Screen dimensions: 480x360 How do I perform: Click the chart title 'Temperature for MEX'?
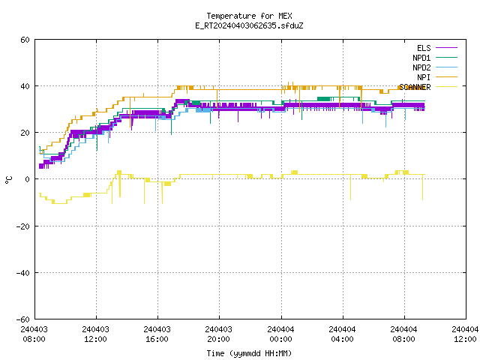pos(249,16)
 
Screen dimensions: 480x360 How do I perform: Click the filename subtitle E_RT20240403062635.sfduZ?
pos(249,25)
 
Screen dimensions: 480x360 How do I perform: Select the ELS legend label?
pos(424,48)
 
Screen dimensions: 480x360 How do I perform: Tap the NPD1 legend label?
pos(421,58)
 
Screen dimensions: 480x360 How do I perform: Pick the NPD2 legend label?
pos(421,67)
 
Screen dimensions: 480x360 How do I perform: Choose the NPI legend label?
pos(424,77)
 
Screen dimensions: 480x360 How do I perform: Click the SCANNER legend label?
pos(415,87)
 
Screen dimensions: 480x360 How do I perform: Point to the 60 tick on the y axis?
pos(25,40)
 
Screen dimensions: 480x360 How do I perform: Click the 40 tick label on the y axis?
pos(25,86)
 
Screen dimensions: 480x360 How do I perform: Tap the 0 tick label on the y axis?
pos(28,179)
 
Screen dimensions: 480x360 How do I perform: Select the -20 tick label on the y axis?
pos(23,226)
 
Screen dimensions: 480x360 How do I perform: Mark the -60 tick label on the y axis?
pos(23,319)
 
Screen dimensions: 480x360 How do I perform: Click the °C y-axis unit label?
pos(9,180)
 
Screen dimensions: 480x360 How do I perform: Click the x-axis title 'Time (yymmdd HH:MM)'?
pos(249,353)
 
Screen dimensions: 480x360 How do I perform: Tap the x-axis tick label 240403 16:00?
pos(157,334)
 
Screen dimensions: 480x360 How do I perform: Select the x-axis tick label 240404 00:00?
pos(280,334)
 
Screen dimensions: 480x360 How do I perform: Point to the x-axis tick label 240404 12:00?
pos(465,334)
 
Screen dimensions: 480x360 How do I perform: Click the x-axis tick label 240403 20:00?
pos(218,334)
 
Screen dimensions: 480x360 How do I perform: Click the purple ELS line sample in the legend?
pos(447,48)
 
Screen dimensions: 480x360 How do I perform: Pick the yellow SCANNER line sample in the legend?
pos(447,87)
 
